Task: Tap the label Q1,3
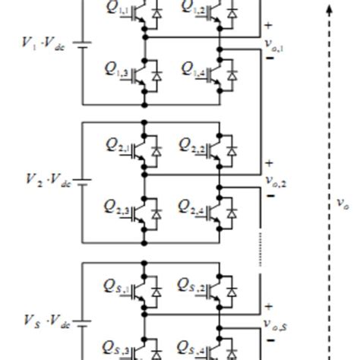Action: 118,70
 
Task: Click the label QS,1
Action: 118,285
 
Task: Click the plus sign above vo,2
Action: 268,163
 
